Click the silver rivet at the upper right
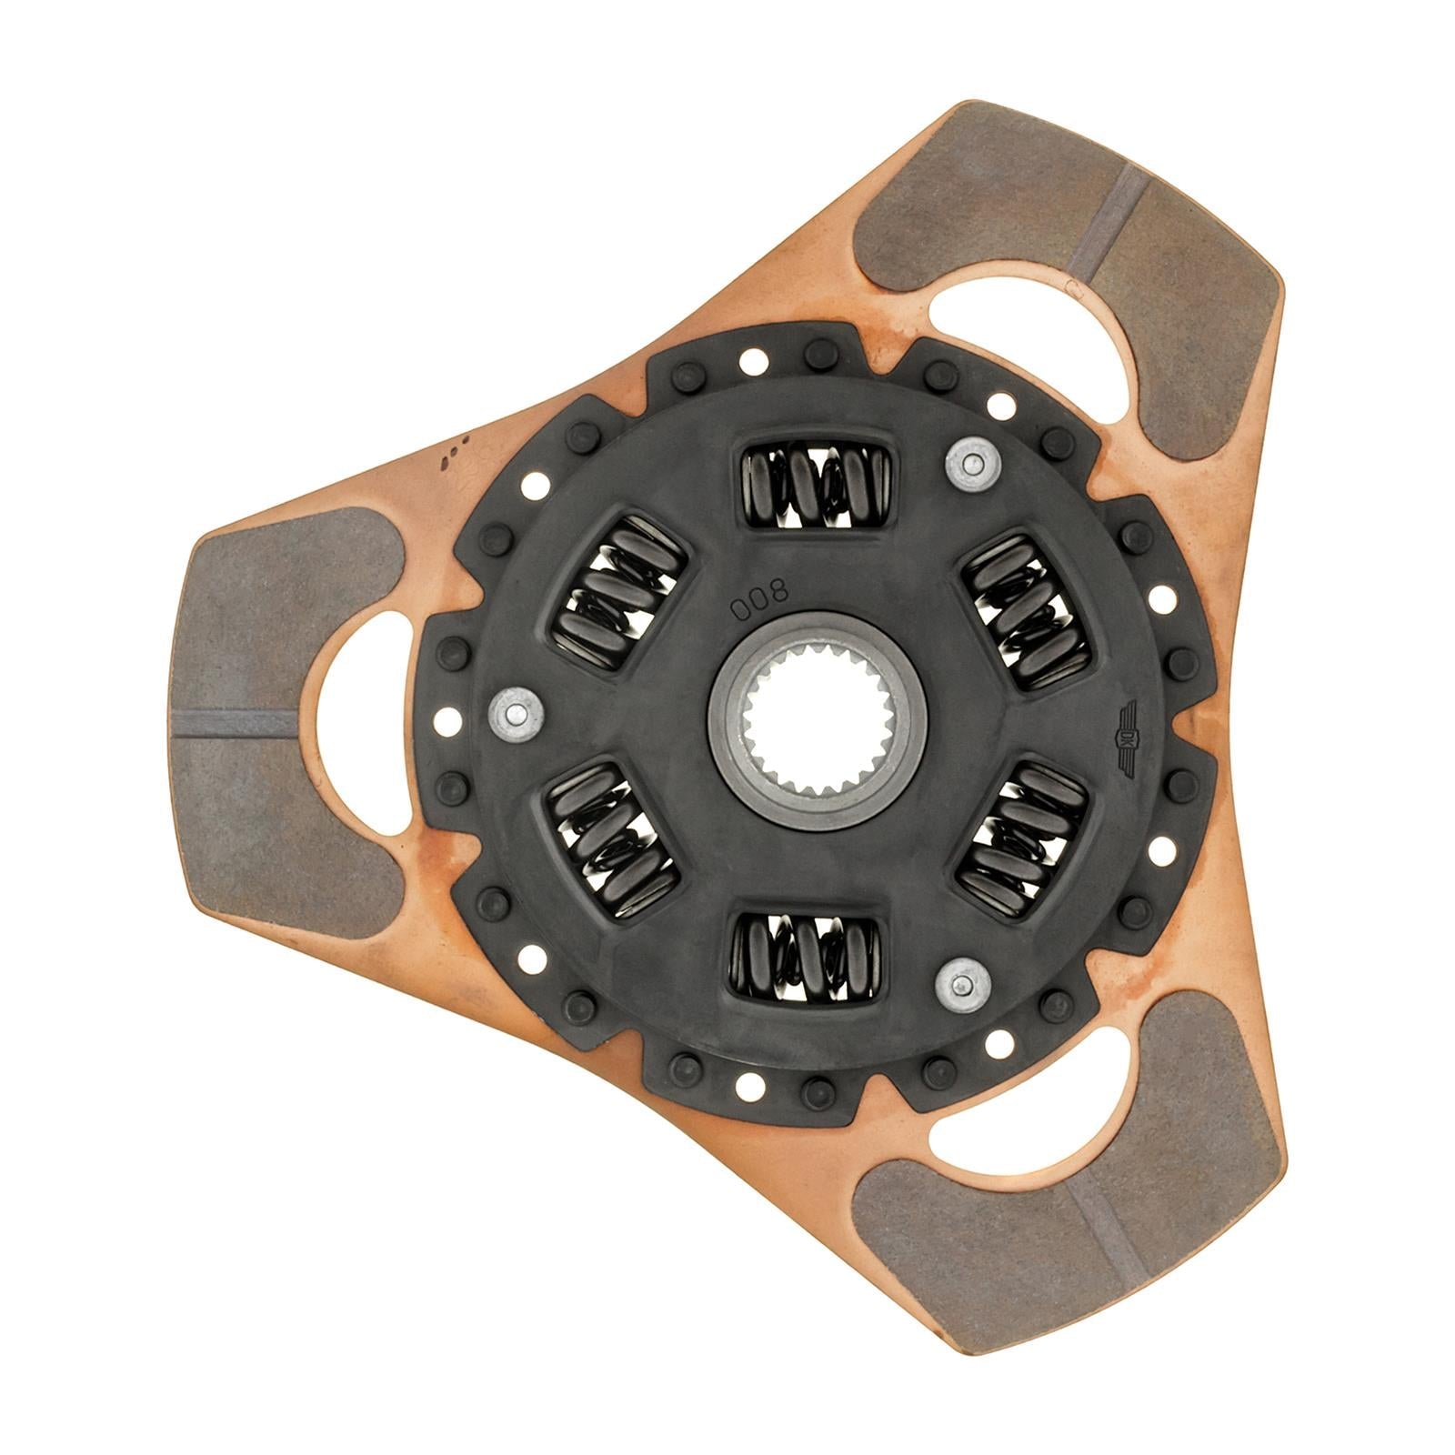click(x=970, y=465)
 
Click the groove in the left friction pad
click(x=235, y=724)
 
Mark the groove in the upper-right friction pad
click(x=1107, y=221)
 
